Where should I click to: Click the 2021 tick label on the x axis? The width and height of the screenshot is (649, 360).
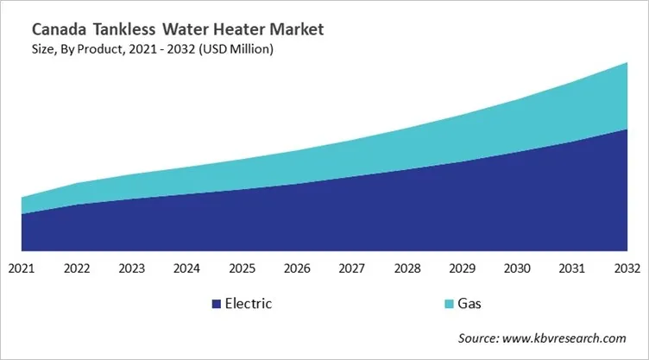[22, 268]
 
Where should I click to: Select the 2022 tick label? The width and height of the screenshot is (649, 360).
[77, 268]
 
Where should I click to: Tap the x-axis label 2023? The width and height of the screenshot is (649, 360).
[132, 268]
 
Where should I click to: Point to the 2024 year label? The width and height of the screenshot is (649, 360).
[187, 268]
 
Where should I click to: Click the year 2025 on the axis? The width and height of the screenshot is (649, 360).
[243, 268]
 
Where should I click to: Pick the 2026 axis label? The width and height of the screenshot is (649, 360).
[298, 268]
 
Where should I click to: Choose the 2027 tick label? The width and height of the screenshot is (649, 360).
[352, 268]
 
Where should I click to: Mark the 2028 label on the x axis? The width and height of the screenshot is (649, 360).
[407, 268]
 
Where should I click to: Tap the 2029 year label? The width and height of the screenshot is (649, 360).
[463, 268]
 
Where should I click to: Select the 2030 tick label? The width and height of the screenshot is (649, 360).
[518, 268]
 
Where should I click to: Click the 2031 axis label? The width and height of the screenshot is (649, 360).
[572, 268]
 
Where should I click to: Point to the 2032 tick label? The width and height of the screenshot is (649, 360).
[627, 268]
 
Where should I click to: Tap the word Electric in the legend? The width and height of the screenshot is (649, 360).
[249, 304]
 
